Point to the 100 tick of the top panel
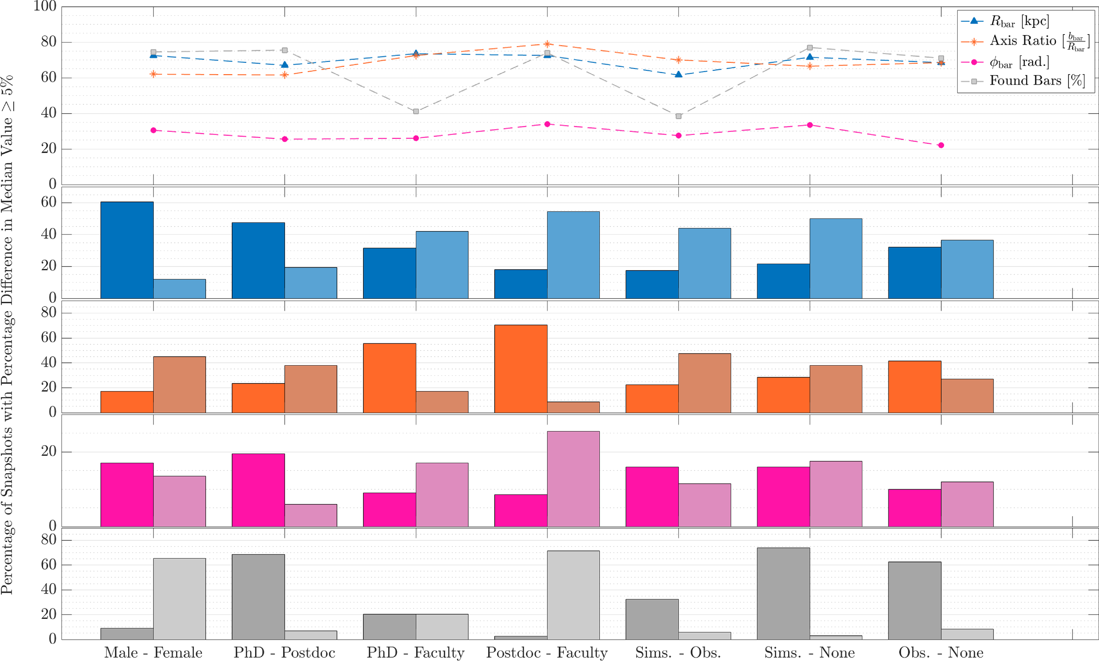[45, 7]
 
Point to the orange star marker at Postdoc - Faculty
[547, 44]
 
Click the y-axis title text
[7, 334]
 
